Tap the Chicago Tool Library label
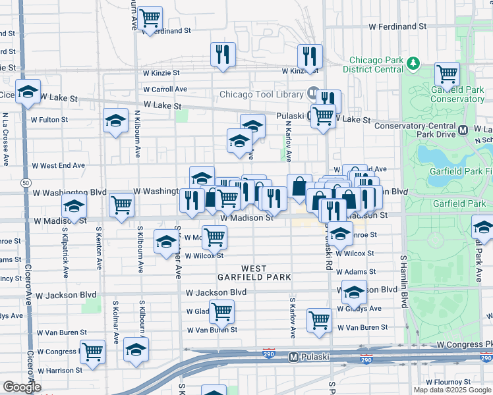point(260,93)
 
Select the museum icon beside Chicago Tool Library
point(312,93)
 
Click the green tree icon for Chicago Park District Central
point(414,63)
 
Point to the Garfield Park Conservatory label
point(457,94)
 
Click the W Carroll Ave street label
point(165,90)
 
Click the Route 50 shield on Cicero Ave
point(25,182)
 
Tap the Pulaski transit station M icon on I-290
point(295,357)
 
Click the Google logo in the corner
point(22,387)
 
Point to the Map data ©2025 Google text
point(452,390)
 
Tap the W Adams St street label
point(355,271)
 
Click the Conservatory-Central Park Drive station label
point(415,125)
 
